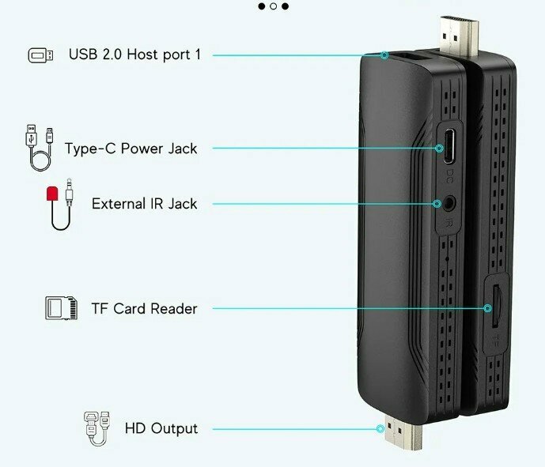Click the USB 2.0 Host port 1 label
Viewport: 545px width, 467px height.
click(x=134, y=55)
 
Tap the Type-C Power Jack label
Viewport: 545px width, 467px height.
click(x=131, y=148)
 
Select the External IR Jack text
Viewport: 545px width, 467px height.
click(x=144, y=203)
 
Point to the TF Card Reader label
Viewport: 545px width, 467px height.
click(x=143, y=308)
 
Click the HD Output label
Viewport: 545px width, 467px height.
click(x=161, y=429)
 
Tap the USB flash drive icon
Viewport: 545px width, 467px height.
click(x=41, y=55)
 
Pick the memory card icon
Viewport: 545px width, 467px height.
click(x=61, y=308)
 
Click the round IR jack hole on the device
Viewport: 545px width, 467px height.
click(x=448, y=202)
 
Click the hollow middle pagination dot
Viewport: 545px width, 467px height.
click(x=273, y=6)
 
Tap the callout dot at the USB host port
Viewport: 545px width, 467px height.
click(x=384, y=55)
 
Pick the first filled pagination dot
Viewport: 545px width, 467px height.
click(x=261, y=6)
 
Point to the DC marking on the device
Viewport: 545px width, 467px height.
click(x=449, y=171)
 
